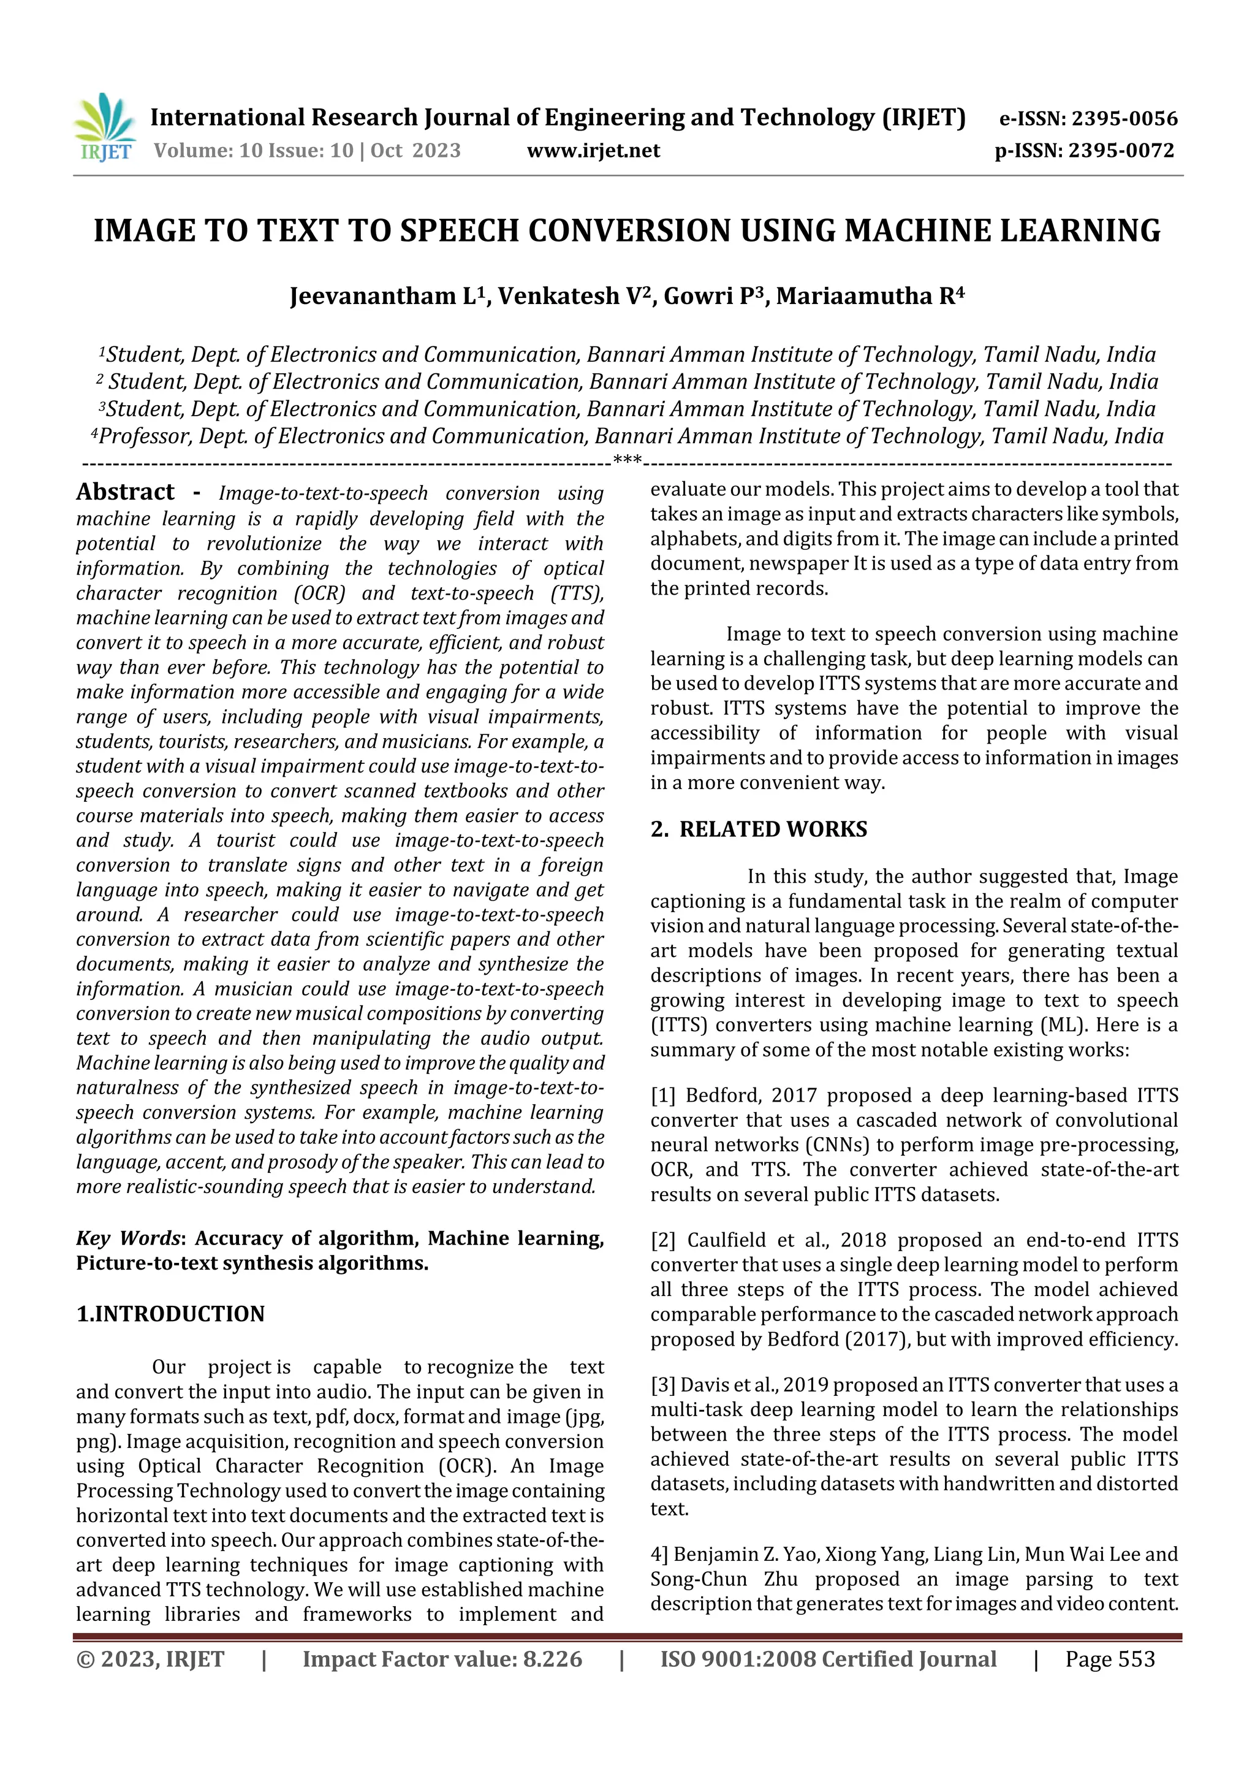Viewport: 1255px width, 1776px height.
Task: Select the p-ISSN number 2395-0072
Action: [x=1121, y=151]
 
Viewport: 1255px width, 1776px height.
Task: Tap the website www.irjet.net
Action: [x=593, y=151]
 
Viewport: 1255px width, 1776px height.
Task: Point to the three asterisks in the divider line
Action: [x=627, y=462]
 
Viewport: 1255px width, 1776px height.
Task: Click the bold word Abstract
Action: [x=125, y=492]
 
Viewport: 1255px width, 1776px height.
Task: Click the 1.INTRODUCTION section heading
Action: [x=170, y=1314]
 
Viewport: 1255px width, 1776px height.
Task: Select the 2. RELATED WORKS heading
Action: [x=759, y=829]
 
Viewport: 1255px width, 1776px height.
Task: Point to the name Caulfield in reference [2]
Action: [x=726, y=1240]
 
